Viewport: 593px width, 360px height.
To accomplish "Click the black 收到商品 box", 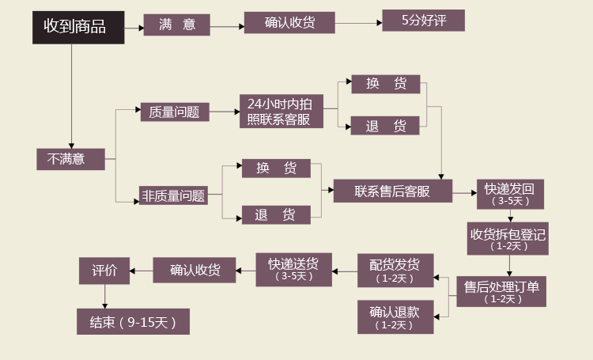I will pyautogui.click(x=77, y=27).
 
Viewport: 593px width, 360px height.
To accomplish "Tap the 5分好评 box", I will pyautogui.click(x=423, y=20).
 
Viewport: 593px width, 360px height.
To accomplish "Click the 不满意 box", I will pyautogui.click(x=71, y=159).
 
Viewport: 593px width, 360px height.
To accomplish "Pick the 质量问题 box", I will pyautogui.click(x=174, y=112).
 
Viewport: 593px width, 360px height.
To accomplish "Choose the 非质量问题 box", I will pyautogui.click(x=173, y=195).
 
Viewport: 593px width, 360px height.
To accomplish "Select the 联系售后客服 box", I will pyautogui.click(x=391, y=191).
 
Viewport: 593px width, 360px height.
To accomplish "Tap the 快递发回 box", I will pyautogui.click(x=510, y=193).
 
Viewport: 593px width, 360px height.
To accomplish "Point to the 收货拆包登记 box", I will pyautogui.click(x=508, y=239).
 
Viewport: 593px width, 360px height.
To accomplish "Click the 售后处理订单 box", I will pyautogui.click(x=501, y=291).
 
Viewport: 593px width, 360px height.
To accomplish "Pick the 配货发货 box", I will pyautogui.click(x=395, y=270).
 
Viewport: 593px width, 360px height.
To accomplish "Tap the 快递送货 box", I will pyautogui.click(x=293, y=269).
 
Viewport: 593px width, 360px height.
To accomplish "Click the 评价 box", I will pyautogui.click(x=104, y=271).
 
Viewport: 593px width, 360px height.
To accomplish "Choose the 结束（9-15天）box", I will pyautogui.click(x=133, y=322).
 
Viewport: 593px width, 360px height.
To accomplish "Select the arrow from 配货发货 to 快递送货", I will pyautogui.click(x=345, y=271).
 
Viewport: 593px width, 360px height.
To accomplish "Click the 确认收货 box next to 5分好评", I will pyautogui.click(x=289, y=23).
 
